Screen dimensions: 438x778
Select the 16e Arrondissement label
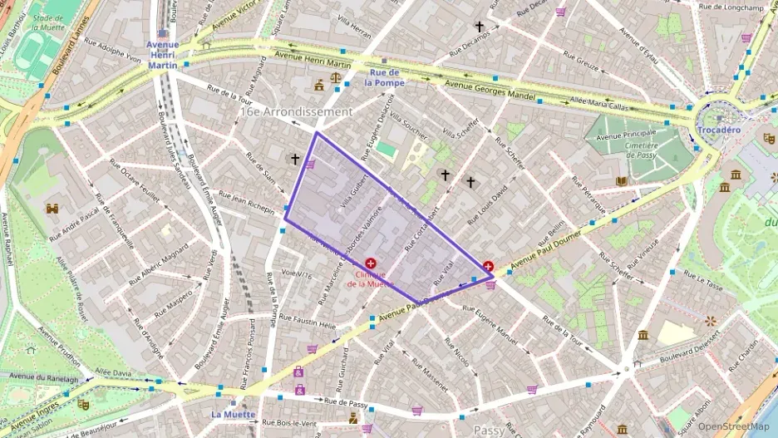pos(295,111)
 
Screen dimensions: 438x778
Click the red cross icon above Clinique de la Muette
pos(370,263)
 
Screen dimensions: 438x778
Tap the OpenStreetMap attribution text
pos(736,427)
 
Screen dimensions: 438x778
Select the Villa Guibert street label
pos(347,189)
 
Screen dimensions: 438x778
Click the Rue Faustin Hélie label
pos(307,321)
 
